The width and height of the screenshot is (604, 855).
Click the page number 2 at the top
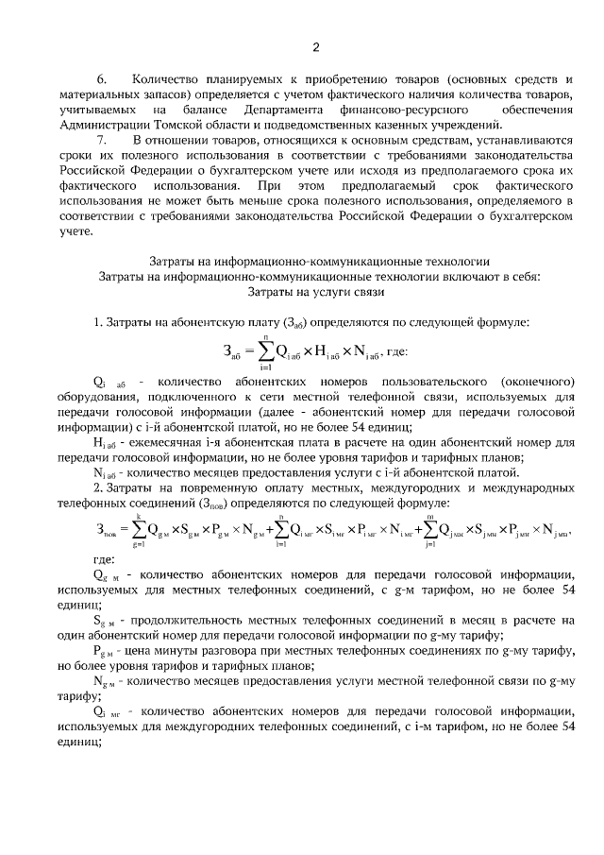316,47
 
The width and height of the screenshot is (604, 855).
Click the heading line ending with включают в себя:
317,276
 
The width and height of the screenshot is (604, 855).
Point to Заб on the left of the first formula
231,353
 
